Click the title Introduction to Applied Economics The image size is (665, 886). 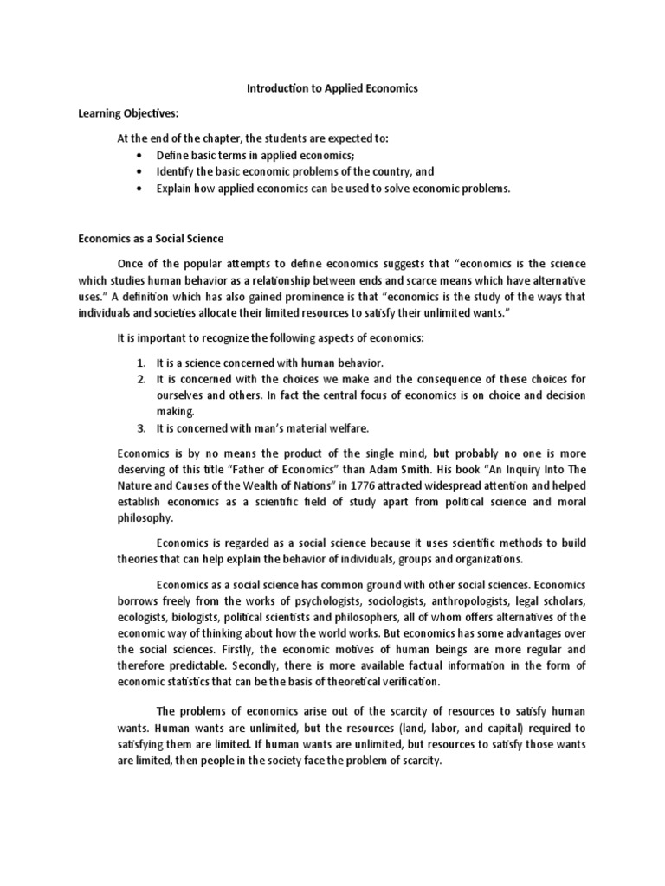332,88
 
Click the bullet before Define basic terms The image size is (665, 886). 139,155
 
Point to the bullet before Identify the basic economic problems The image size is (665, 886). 139,171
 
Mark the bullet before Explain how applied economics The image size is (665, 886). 139,189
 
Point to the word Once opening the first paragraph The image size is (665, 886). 173,264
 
